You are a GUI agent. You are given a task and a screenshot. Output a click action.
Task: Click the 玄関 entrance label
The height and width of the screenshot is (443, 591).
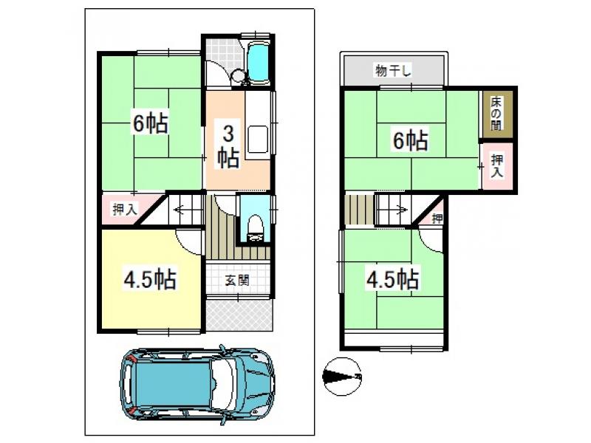pos(237,280)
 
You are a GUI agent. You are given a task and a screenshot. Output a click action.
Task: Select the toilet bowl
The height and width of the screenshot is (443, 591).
pos(255,227)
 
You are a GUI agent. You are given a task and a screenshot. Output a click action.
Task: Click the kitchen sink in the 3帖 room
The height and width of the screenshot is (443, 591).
pos(258,140)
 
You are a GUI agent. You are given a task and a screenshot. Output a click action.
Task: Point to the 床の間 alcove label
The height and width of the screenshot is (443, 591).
pos(496,114)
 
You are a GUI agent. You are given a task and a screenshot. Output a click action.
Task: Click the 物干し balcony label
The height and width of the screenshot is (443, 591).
pos(393,70)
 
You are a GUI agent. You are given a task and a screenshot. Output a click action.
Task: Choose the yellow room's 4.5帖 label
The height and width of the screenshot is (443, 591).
pos(150,279)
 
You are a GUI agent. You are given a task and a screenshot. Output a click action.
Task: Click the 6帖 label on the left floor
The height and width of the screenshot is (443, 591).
pos(151,123)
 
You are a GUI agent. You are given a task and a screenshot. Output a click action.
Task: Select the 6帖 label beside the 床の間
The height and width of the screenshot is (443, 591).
pos(411,140)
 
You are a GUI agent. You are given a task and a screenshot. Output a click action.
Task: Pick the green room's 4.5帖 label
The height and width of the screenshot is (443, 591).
pos(393,279)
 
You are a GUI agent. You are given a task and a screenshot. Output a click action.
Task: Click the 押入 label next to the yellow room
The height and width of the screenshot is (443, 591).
pos(125,209)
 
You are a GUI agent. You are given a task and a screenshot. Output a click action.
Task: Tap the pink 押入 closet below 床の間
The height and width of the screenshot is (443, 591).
pos(497,165)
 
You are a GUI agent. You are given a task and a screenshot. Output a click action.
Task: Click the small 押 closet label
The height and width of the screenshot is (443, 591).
pos(437,218)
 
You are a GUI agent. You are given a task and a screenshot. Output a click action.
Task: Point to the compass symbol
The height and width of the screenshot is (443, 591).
pos(342,377)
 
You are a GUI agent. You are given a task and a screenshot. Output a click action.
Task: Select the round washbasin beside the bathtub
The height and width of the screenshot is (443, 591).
pos(238,76)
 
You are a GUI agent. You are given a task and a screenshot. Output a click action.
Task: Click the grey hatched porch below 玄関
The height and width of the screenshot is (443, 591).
pos(239,315)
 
